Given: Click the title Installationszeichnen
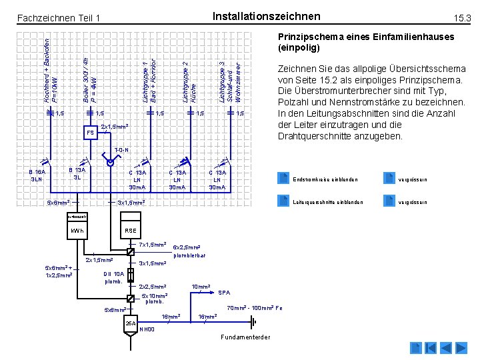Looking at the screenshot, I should pos(266,16).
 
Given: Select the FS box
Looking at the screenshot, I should pos(90,133).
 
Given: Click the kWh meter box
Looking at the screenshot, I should pos(78,231).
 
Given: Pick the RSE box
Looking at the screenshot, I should pos(131,231).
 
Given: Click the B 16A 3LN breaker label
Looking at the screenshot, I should pos(37,175).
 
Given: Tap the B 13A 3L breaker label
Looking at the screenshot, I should pos(79,174).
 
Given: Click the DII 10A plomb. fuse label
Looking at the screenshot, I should pos(114,277).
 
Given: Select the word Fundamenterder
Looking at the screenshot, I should pos(245,337).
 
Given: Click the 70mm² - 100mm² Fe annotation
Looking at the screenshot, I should pos(255,308).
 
